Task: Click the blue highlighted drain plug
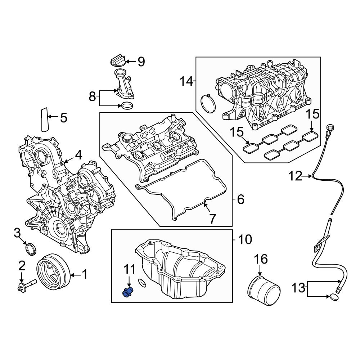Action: (x=127, y=292)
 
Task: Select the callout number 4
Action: (x=78, y=155)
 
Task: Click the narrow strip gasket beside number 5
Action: (x=44, y=120)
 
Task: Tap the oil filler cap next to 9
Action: (x=117, y=61)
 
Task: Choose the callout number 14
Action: (x=186, y=82)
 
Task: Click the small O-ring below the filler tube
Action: (x=126, y=106)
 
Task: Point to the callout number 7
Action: (x=212, y=218)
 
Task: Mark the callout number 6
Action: (x=240, y=199)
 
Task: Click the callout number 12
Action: (x=296, y=176)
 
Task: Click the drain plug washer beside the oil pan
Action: (x=142, y=283)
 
